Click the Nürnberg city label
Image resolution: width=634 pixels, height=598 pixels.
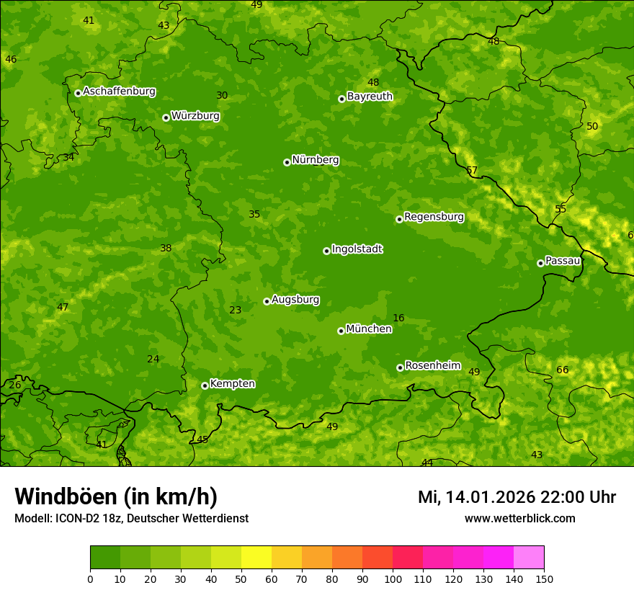(x=315, y=160)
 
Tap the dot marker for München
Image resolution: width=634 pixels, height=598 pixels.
(x=341, y=331)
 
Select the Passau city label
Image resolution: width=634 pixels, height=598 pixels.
(x=563, y=261)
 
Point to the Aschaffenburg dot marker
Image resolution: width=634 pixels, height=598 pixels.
(x=78, y=93)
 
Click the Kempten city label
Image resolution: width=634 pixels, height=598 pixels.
(x=232, y=383)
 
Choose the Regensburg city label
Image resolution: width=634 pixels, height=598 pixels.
(x=434, y=217)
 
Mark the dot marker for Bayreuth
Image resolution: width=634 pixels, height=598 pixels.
(x=341, y=99)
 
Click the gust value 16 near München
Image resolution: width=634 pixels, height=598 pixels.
(x=398, y=318)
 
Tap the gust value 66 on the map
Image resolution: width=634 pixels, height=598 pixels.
(x=562, y=370)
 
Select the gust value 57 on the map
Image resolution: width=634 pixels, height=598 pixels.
(x=471, y=170)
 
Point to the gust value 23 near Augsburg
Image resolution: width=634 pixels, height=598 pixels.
(x=235, y=310)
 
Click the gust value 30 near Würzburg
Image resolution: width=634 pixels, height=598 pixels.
(x=222, y=95)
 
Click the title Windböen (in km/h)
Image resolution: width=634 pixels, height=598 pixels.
(x=116, y=496)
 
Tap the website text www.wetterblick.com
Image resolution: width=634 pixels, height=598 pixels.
(x=519, y=518)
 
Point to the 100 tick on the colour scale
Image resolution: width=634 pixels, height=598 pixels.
(x=393, y=578)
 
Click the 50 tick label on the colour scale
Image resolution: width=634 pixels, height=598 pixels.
(x=241, y=578)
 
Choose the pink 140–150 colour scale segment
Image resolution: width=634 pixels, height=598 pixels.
(x=529, y=558)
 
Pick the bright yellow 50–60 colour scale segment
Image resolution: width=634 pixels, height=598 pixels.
(x=256, y=558)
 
